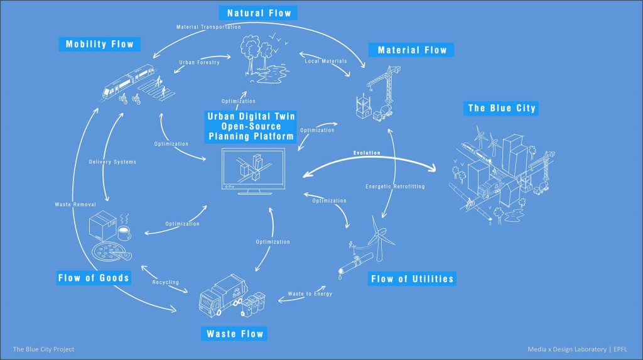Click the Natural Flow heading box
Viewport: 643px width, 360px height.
coord(259,13)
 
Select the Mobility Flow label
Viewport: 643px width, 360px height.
coord(100,45)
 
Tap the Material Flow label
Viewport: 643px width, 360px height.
coord(412,50)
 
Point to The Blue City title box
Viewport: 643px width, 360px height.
coord(502,108)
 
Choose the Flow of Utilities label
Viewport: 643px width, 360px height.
coord(412,279)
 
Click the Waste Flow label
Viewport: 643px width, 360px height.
coord(235,334)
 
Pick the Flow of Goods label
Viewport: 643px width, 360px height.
coord(94,278)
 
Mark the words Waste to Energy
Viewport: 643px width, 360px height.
coord(310,294)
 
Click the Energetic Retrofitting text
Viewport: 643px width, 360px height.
coord(396,187)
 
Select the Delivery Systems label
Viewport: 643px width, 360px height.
coord(112,162)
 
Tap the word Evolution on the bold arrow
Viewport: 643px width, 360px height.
coord(367,153)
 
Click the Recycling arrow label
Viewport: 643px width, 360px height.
coord(166,282)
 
